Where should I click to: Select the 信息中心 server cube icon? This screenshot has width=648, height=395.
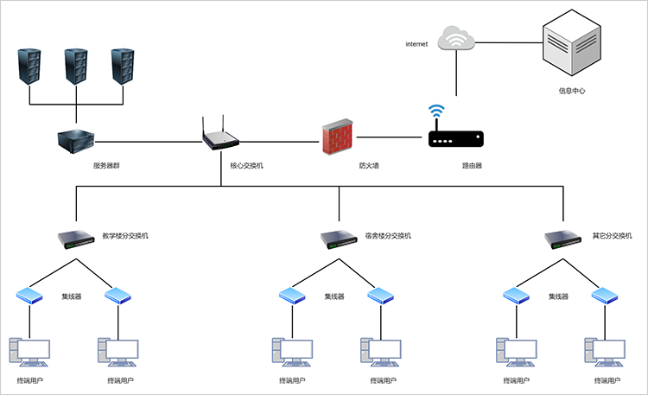[x=571, y=50]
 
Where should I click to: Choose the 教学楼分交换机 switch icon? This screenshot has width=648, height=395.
[x=76, y=238]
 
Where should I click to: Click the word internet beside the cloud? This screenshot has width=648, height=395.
[x=416, y=43]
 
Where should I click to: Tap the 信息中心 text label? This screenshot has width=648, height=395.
[x=572, y=90]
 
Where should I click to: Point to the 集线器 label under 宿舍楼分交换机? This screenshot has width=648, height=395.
[x=334, y=296]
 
